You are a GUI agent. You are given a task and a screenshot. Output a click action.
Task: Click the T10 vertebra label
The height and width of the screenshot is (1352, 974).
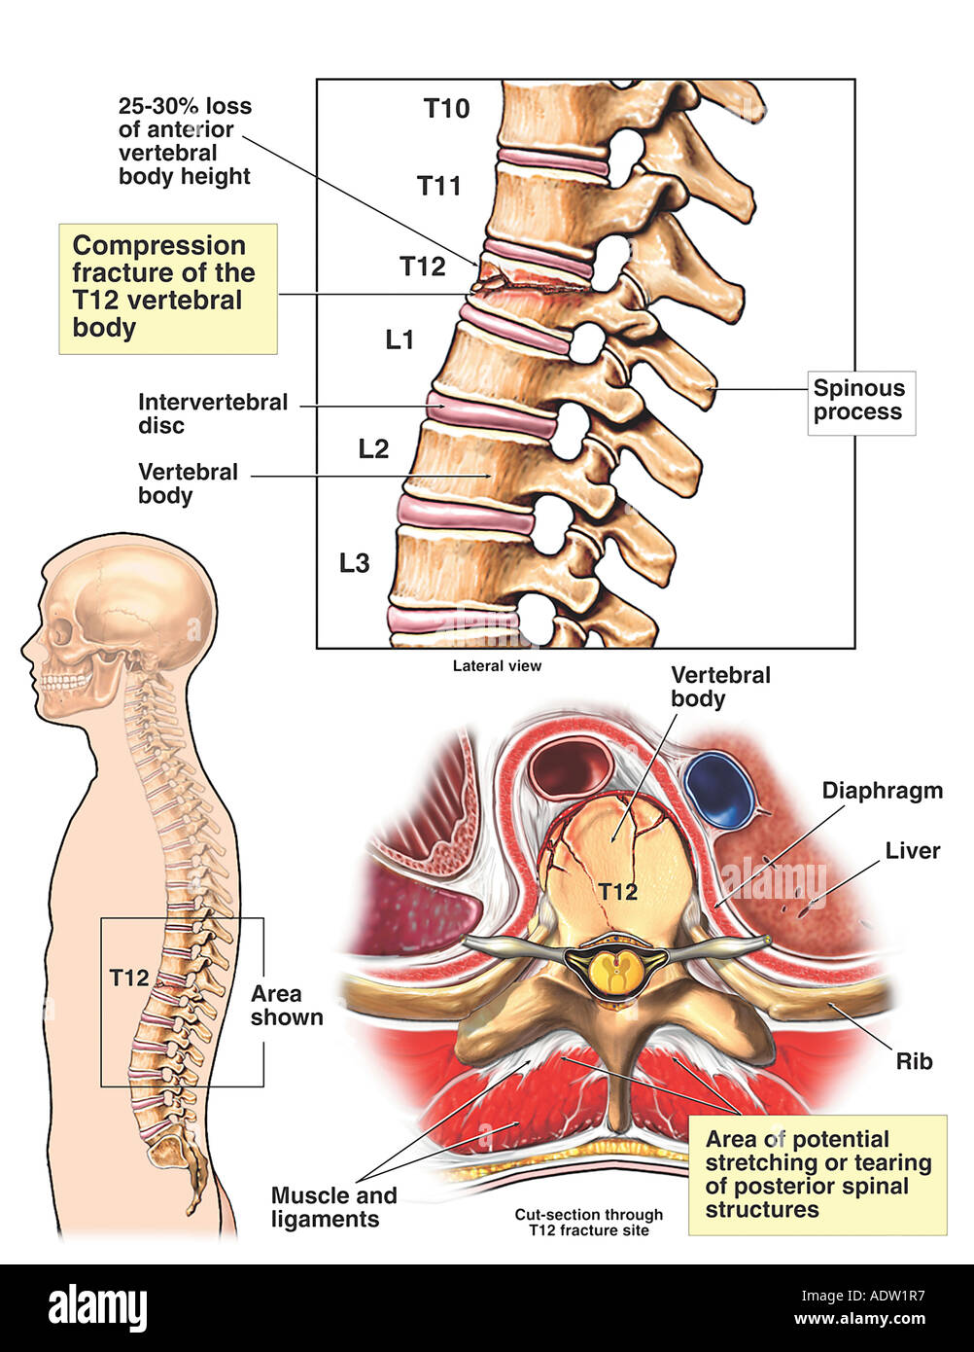point(446,108)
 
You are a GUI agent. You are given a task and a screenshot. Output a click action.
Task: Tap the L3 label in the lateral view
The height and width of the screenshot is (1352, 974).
point(354,562)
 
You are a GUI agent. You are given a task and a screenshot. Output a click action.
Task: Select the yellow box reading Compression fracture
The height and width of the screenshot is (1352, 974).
point(167,287)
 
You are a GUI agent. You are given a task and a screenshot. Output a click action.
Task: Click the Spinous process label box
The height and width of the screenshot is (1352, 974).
point(860,401)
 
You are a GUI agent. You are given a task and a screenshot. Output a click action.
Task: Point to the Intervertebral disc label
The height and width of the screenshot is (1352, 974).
point(213,413)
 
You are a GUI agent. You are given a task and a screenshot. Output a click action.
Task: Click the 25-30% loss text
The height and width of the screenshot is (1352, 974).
point(185,141)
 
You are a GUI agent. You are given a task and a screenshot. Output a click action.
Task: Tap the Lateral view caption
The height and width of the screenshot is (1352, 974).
point(497,666)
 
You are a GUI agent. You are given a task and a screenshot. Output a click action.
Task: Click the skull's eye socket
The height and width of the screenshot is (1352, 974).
point(60,633)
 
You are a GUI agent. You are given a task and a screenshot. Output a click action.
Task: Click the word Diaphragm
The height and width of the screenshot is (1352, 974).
point(882,790)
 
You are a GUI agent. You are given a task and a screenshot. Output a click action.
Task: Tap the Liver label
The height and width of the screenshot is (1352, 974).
point(912,851)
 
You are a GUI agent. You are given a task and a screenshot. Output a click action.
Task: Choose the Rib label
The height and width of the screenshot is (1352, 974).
point(914,1060)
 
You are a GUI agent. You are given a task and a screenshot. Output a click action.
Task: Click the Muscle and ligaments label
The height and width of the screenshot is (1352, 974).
point(333,1207)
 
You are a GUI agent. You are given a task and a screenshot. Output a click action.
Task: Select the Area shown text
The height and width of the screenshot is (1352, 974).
point(287,1006)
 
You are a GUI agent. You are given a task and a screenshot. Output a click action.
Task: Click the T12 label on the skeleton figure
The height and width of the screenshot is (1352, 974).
point(128,978)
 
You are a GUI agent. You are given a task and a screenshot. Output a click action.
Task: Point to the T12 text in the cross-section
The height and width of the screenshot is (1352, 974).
point(616,891)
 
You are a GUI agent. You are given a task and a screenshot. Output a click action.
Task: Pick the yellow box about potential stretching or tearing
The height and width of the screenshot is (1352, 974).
point(817,1174)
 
